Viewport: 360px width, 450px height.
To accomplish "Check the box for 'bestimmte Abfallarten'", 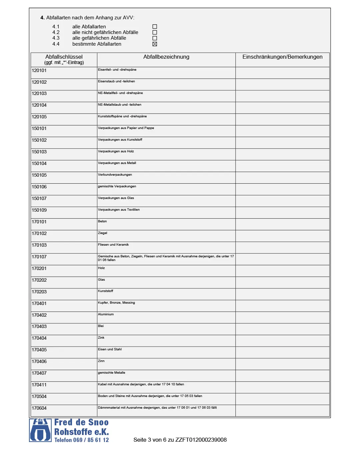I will click(x=155, y=44).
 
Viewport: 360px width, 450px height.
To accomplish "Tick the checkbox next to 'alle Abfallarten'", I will click(x=155, y=27).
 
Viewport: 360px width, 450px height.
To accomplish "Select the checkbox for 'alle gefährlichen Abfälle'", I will click(x=155, y=38).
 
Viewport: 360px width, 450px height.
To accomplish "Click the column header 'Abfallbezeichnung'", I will click(x=166, y=57).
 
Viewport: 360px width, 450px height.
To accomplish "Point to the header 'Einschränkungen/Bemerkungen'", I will click(x=282, y=57).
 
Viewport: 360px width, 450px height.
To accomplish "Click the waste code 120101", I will click(x=39, y=71).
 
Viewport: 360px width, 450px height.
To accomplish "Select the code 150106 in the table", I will click(x=39, y=187).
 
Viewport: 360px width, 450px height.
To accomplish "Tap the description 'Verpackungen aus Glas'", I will click(x=116, y=198).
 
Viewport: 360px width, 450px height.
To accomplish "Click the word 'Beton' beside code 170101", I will click(x=102, y=221).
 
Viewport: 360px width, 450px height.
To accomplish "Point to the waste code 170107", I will click(x=39, y=257).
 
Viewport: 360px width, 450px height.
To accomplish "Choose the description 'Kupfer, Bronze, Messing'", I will click(x=116, y=303).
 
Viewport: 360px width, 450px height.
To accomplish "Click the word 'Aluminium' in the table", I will click(x=106, y=314).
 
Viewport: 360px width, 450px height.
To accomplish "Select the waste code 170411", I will click(x=39, y=385).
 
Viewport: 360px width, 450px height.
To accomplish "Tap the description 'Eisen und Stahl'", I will click(x=110, y=349).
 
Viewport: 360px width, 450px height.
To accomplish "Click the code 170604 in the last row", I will click(x=39, y=408).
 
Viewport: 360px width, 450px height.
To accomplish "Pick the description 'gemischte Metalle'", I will click(x=112, y=373).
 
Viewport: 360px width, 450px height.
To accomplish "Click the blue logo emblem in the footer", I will click(x=40, y=430).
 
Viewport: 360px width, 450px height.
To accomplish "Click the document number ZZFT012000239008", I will click(x=201, y=440).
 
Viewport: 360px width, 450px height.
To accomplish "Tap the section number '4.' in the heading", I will click(x=42, y=18).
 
